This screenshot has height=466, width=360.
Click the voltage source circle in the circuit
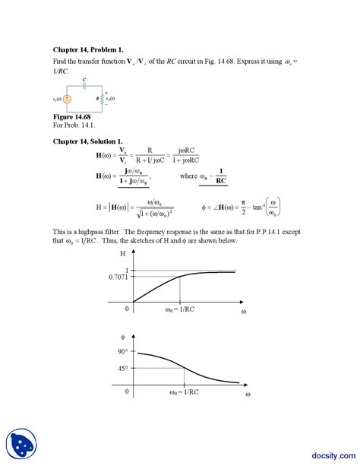point(68,98)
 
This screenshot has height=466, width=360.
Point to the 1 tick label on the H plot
point(127,271)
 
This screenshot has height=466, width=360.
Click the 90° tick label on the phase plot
point(122,352)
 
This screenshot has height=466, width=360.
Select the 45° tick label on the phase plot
point(122,369)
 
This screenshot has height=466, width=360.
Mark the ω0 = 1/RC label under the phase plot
point(184,392)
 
